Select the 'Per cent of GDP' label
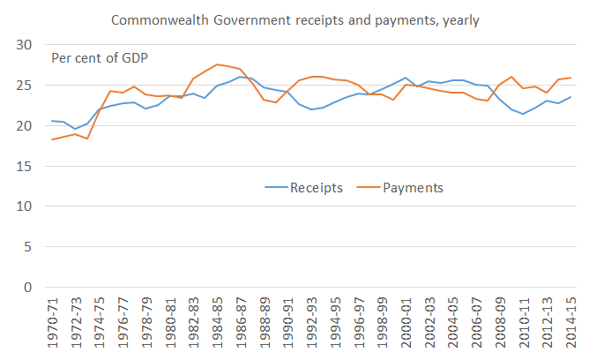pyautogui.click(x=99, y=58)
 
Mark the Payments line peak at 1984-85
pyautogui.click(x=217, y=64)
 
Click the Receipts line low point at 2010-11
pyautogui.click(x=523, y=114)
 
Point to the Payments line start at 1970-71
pyautogui.click(x=53, y=139)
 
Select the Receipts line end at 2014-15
pyautogui.click(x=570, y=97)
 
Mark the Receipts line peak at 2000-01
pyautogui.click(x=405, y=78)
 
